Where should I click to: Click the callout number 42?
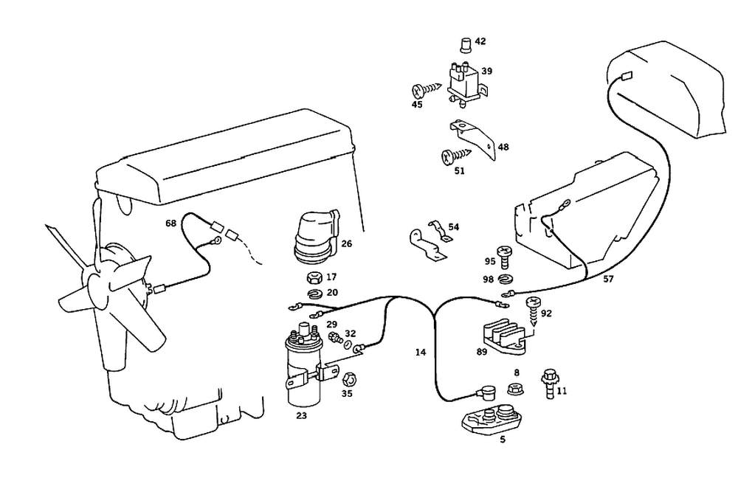pos(480,41)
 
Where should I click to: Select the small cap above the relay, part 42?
pos(465,46)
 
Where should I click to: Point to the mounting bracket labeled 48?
pos(473,139)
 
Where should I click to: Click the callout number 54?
pos(453,227)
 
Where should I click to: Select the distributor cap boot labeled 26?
pos(317,238)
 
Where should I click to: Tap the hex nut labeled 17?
pos(314,278)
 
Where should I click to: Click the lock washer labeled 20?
pos(314,294)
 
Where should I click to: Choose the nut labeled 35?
pos(349,378)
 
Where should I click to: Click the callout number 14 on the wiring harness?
pos(421,352)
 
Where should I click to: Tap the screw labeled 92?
pos(533,311)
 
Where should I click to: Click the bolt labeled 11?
pos(549,384)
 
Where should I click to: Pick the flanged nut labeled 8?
pos(516,389)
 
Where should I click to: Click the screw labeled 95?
pos(504,257)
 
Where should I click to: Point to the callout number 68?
pos(171,223)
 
